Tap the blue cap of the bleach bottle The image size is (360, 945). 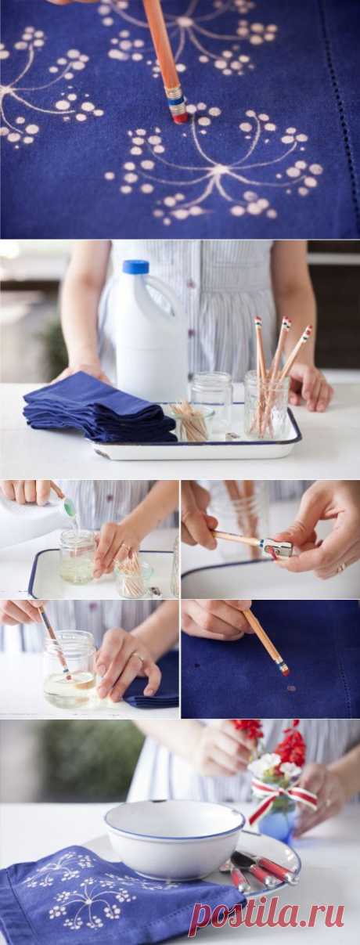coord(135,268)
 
